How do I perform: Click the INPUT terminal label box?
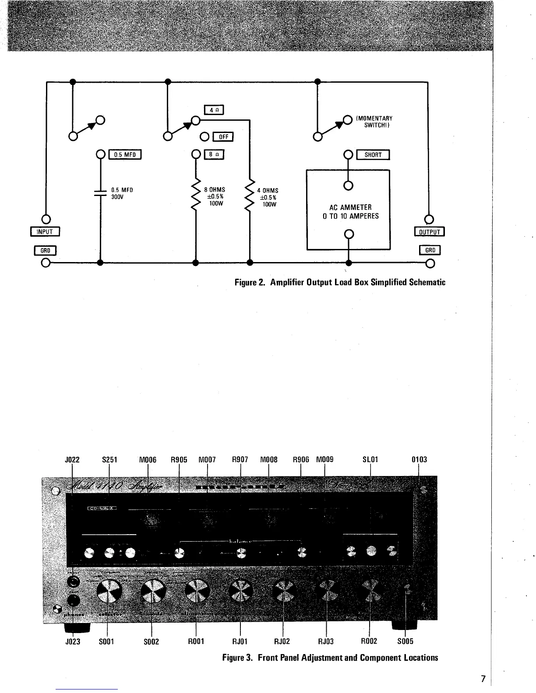click(x=45, y=232)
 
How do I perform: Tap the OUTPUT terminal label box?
click(x=429, y=232)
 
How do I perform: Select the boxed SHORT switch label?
click(x=373, y=155)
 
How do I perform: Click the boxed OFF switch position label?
click(x=223, y=137)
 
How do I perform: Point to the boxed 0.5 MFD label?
click(x=125, y=154)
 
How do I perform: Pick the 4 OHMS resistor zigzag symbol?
click(x=250, y=197)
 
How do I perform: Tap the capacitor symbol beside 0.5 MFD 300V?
click(x=101, y=193)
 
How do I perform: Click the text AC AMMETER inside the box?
click(x=350, y=207)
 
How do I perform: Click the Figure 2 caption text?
click(x=340, y=282)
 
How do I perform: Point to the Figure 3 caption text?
click(x=330, y=658)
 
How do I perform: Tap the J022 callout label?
click(x=72, y=459)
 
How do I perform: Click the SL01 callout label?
click(x=370, y=459)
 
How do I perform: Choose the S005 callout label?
click(x=405, y=641)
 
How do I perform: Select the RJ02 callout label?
click(x=282, y=641)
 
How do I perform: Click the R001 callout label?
click(x=196, y=641)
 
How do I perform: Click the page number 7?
click(x=483, y=679)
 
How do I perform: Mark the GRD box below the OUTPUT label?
click(x=430, y=250)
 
